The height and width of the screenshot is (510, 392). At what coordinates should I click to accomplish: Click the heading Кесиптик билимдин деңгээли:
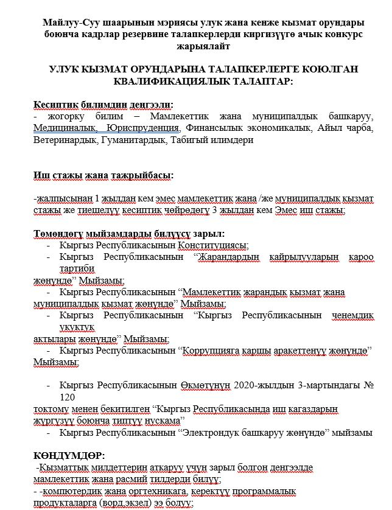[x=103, y=104]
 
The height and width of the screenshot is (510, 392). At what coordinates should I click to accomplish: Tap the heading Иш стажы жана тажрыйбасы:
[x=103, y=176]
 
